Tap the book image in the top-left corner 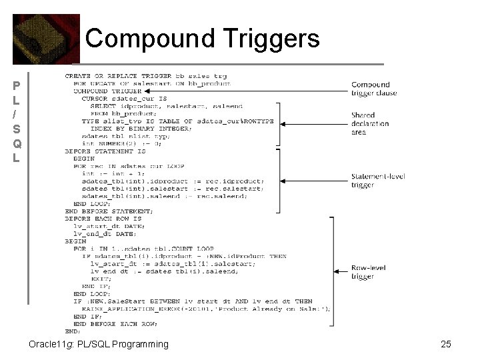pyautogui.click(x=45, y=39)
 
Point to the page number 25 pyautogui.click(x=446, y=344)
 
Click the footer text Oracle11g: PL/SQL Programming pyautogui.click(x=99, y=344)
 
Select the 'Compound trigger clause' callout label pyautogui.click(x=373, y=89)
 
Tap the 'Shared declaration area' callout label pyautogui.click(x=367, y=123)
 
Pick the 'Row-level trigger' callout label pyautogui.click(x=369, y=272)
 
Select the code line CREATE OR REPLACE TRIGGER pyautogui.click(x=146, y=76)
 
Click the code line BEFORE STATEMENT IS pyautogui.click(x=105, y=151)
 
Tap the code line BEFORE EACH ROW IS pyautogui.click(x=103, y=219)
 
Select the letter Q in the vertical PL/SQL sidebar pyautogui.click(x=17, y=144)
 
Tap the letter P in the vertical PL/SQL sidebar pyautogui.click(x=17, y=86)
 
